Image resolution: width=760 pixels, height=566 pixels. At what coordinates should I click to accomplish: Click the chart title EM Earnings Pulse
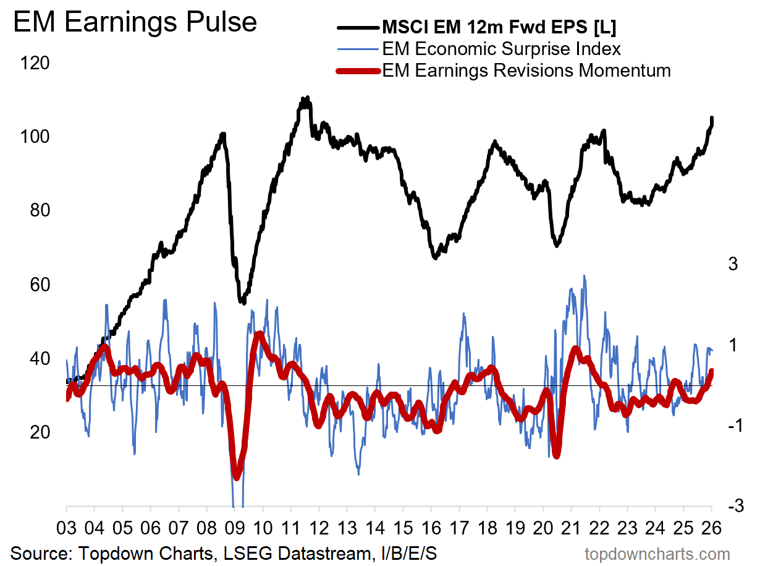pos(135,22)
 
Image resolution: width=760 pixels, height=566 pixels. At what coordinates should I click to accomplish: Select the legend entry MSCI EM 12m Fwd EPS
pos(499,28)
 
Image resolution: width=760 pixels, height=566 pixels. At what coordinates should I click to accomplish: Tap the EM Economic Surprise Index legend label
pos(501,49)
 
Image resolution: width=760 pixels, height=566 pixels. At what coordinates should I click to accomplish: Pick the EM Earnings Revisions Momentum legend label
pos(526,70)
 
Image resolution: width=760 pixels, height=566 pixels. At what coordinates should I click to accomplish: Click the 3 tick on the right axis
pos(733,264)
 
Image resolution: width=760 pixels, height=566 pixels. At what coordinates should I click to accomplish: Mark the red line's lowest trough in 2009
pos(236,476)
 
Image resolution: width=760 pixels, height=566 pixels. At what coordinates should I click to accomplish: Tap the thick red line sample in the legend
pos(357,71)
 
